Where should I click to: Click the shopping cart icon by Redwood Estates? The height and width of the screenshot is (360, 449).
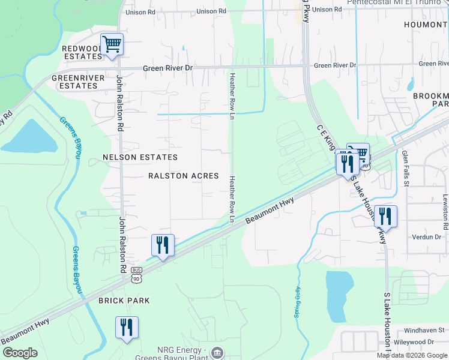pyautogui.click(x=112, y=44)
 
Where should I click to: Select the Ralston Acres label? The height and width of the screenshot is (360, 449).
pyautogui.click(x=178, y=176)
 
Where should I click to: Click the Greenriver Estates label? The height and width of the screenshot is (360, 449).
pyautogui.click(x=74, y=82)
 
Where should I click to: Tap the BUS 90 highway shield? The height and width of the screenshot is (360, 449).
pyautogui.click(x=136, y=275)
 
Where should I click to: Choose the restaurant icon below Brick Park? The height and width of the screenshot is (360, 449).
pyautogui.click(x=127, y=328)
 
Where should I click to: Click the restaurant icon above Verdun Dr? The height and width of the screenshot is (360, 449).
pyautogui.click(x=385, y=217)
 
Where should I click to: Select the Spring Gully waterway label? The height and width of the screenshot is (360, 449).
pyautogui.click(x=297, y=302)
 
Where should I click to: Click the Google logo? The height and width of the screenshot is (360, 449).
pyautogui.click(x=20, y=353)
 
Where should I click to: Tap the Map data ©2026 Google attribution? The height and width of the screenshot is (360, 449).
pyautogui.click(x=412, y=355)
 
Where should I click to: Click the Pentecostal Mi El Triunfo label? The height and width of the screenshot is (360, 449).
pyautogui.click(x=397, y=2)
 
